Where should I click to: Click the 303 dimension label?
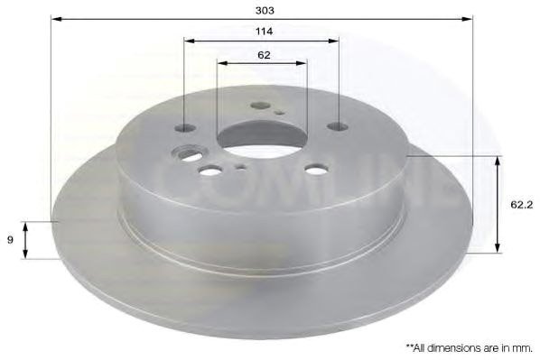click(265, 11)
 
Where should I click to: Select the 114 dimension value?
click(265, 32)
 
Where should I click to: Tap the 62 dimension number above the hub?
click(264, 55)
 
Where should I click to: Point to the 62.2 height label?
click(521, 205)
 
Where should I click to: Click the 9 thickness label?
click(10, 239)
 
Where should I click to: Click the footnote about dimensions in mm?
click(470, 348)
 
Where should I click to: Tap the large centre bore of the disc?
click(262, 140)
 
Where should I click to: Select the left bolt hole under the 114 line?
click(185, 128)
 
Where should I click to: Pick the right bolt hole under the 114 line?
click(338, 126)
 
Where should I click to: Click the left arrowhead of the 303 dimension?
click(56, 18)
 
